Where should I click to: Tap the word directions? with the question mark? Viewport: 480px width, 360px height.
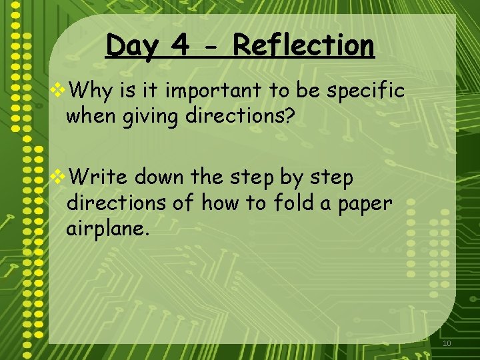239,117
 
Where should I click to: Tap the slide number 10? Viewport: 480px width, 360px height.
447,343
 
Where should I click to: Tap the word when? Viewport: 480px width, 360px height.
89,117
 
